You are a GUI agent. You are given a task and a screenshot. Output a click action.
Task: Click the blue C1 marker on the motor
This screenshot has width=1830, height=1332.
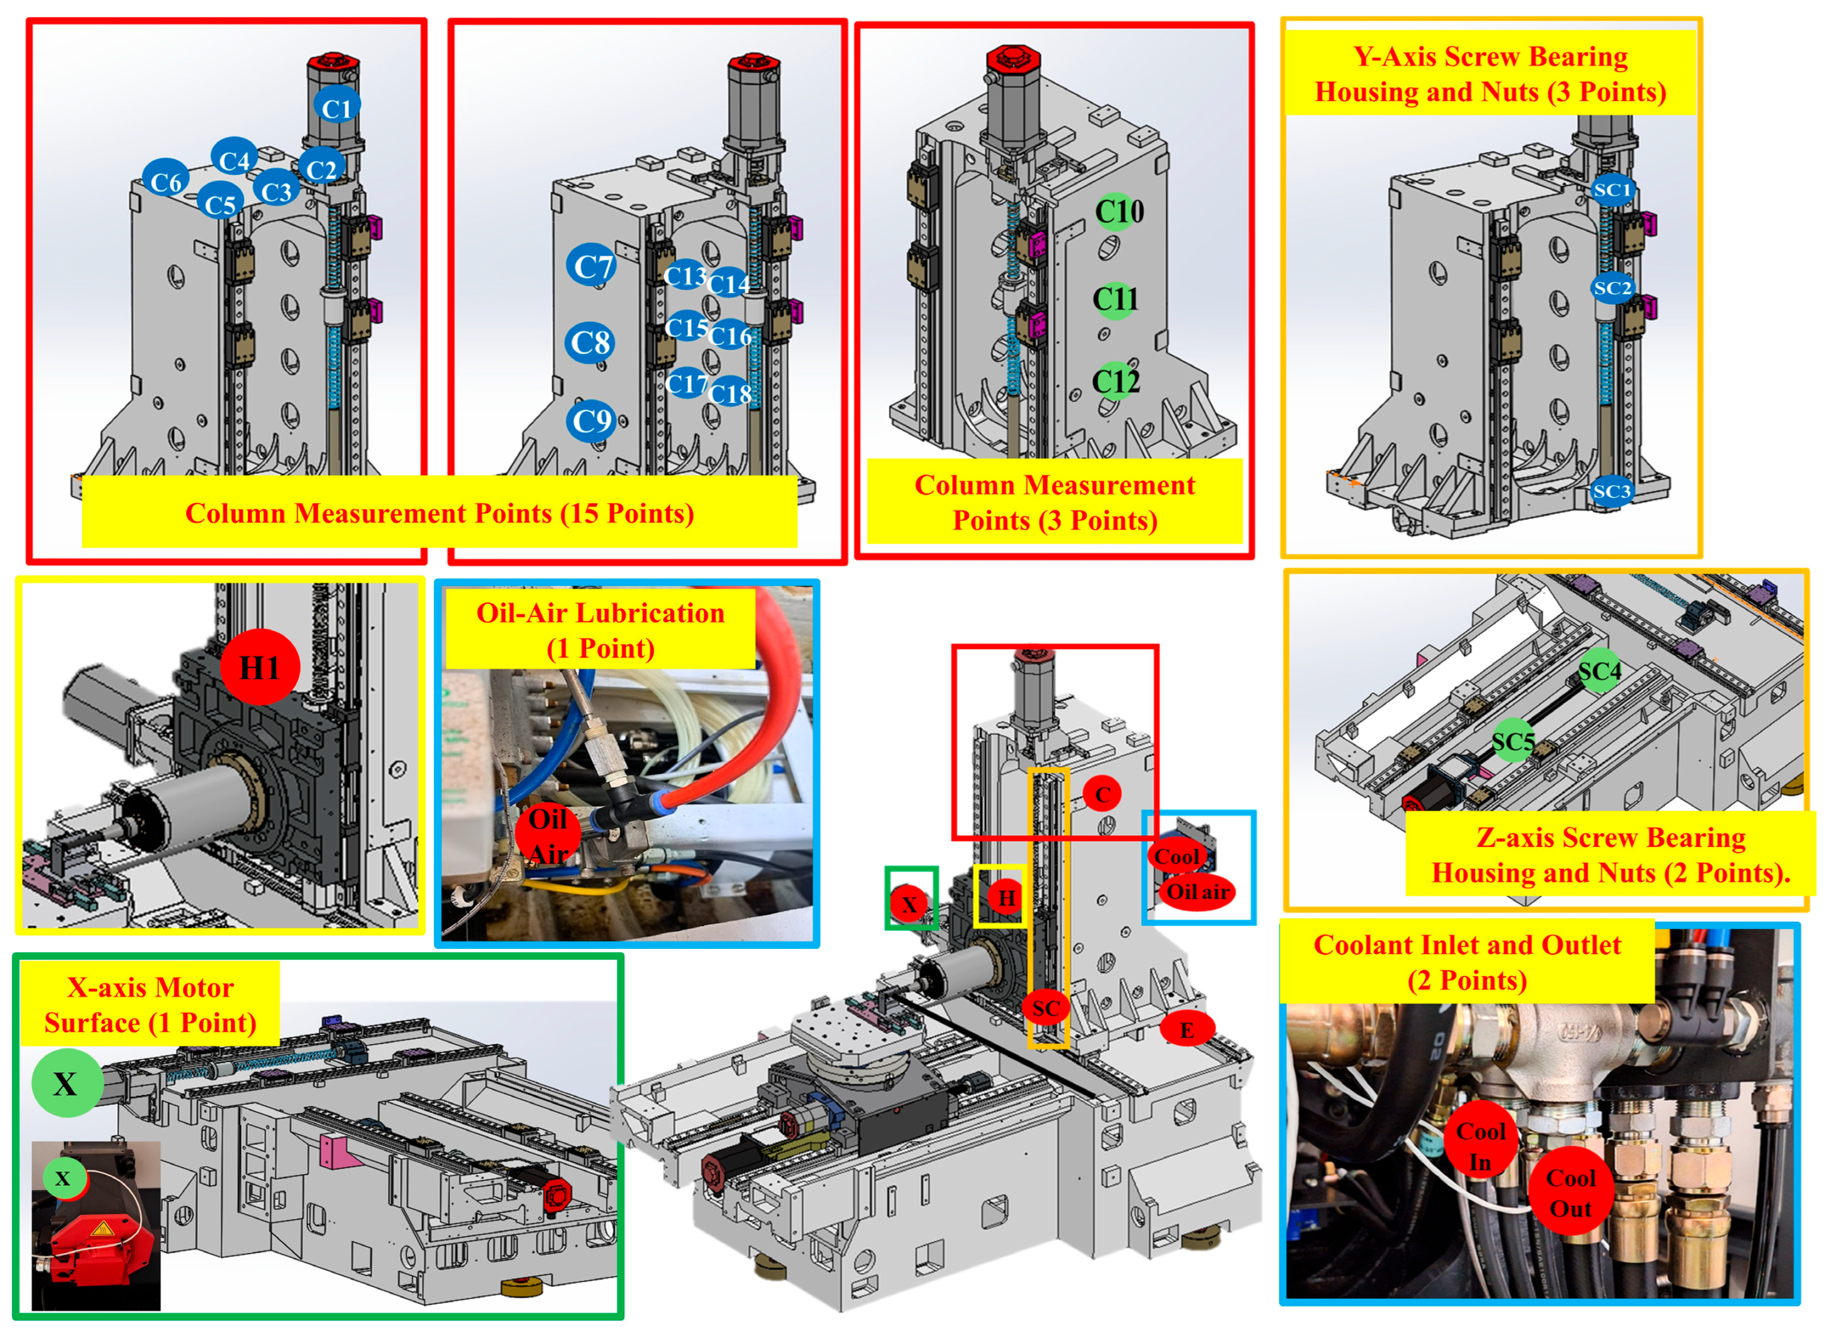(336, 106)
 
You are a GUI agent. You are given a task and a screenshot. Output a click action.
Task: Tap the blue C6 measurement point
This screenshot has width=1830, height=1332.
(165, 182)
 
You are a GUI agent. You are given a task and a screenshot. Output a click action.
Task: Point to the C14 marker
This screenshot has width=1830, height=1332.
(729, 283)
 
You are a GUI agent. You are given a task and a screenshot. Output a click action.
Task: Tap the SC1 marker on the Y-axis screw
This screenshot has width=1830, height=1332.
(1612, 190)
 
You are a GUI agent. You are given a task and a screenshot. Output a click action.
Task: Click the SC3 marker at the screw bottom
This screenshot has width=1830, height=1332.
(1612, 491)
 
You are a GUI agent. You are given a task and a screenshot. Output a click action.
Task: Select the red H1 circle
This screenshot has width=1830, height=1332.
(260, 667)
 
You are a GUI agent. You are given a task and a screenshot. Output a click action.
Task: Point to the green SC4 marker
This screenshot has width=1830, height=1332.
(1599, 670)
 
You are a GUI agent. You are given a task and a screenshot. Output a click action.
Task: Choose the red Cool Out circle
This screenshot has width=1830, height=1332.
(1570, 1192)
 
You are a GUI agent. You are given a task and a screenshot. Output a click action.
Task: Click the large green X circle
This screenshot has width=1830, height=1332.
(67, 1083)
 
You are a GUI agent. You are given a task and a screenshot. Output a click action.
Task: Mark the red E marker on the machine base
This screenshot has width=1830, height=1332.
(1187, 1030)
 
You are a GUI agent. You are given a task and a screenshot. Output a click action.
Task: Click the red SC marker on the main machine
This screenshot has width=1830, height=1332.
(1046, 1008)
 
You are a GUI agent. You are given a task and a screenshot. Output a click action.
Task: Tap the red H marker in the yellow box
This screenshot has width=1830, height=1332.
(1006, 897)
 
